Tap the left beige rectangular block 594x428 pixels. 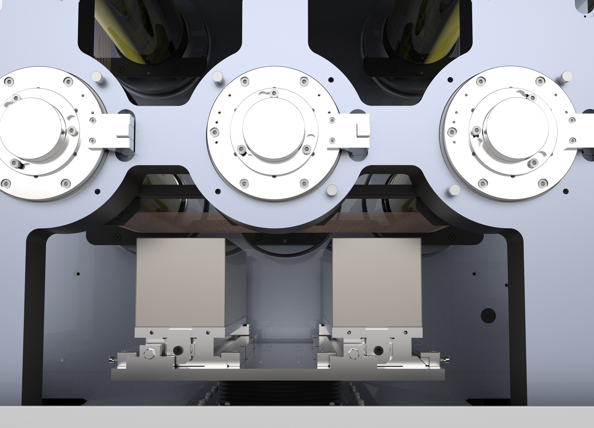click(181, 282)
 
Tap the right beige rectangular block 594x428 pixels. click(377, 282)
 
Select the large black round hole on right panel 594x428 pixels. click(488, 315)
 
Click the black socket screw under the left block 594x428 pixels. click(177, 350)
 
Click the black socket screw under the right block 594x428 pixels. click(379, 350)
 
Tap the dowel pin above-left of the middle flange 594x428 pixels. click(217, 77)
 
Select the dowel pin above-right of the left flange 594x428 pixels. click(96, 77)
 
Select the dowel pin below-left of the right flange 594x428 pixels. click(454, 190)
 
